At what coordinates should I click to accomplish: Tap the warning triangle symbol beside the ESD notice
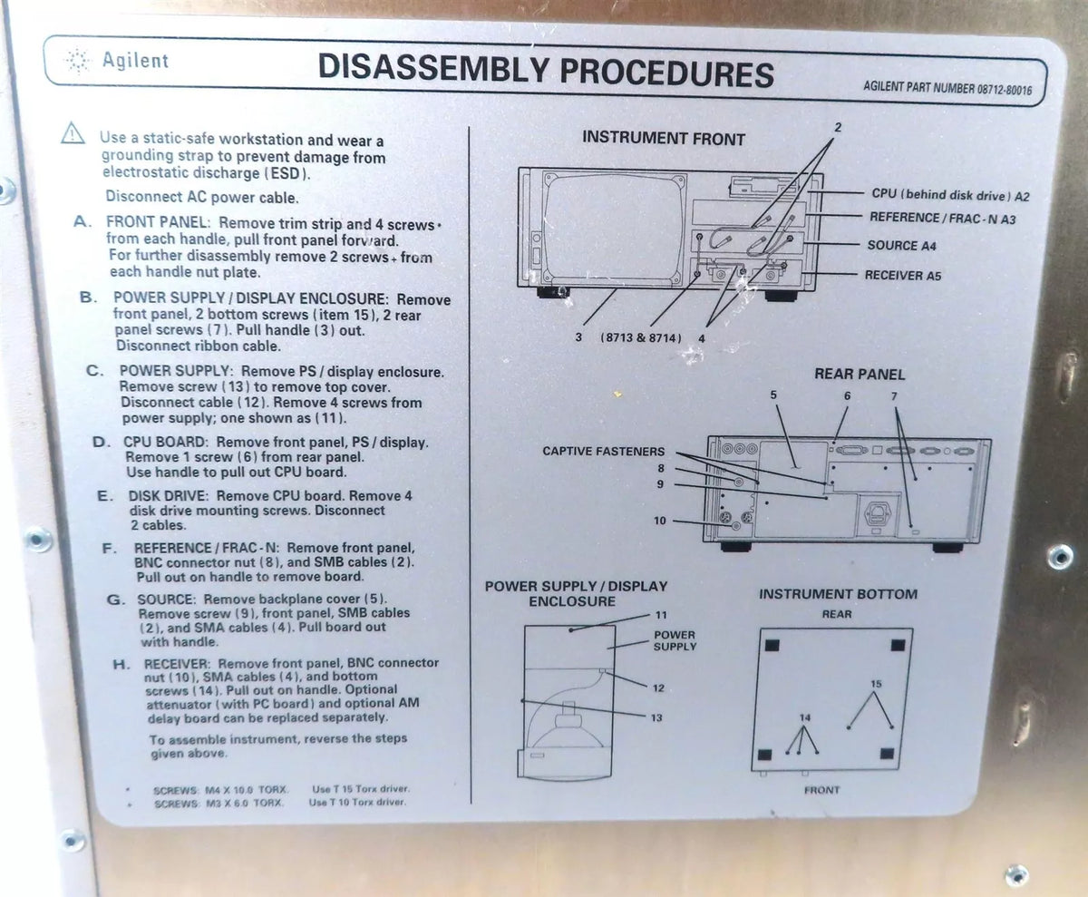pos(73,133)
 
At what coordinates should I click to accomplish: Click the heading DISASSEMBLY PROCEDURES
pos(546,72)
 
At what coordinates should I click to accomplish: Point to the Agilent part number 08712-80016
pos(947,88)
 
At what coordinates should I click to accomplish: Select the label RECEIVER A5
pos(903,275)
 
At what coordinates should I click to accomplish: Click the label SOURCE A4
pos(901,246)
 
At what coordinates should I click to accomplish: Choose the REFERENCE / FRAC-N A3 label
pos(943,219)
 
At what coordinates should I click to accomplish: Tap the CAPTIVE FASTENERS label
pos(604,452)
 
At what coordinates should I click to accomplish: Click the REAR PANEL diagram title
pos(860,375)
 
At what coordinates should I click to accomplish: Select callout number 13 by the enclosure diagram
pos(656,717)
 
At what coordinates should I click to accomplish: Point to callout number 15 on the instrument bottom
pos(876,684)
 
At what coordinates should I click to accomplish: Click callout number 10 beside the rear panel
pos(660,521)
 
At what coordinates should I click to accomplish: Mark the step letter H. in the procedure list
pos(121,665)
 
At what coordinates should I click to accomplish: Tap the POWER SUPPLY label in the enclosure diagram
pos(675,640)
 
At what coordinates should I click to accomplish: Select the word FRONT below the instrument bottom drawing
pos(821,790)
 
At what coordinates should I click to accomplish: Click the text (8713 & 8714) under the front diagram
pos(641,337)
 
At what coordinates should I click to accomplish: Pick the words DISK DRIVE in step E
pos(168,496)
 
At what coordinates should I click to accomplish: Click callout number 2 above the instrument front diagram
pos(838,127)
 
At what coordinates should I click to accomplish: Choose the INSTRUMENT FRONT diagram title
pos(664,138)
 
